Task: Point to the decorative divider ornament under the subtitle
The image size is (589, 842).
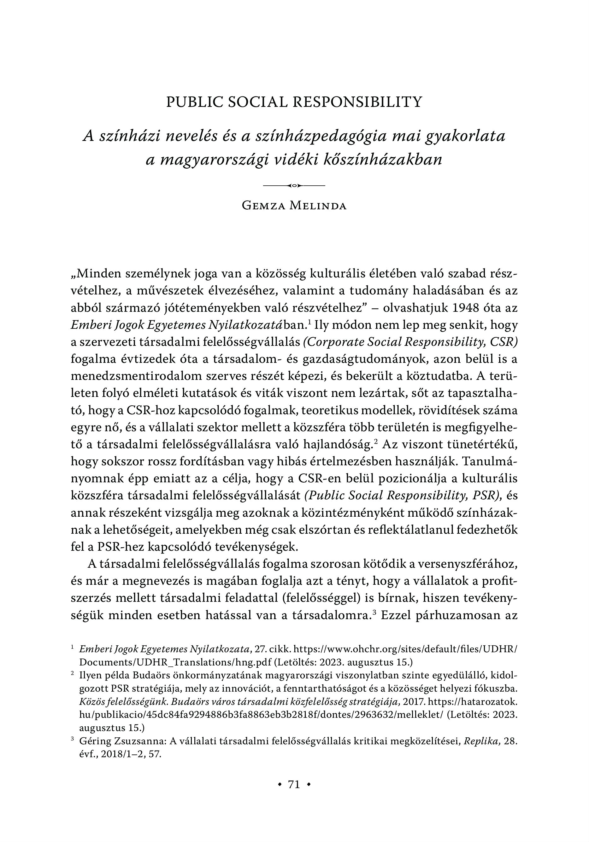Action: point(294,186)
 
